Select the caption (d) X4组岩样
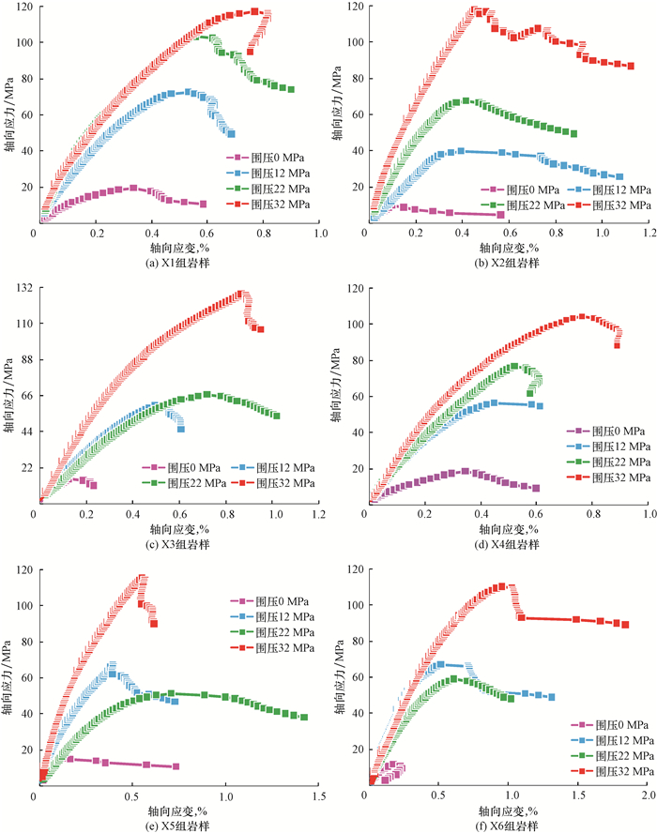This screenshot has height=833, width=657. point(509,543)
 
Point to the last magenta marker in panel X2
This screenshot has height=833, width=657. point(500,215)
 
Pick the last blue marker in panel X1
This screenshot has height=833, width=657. point(231,133)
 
